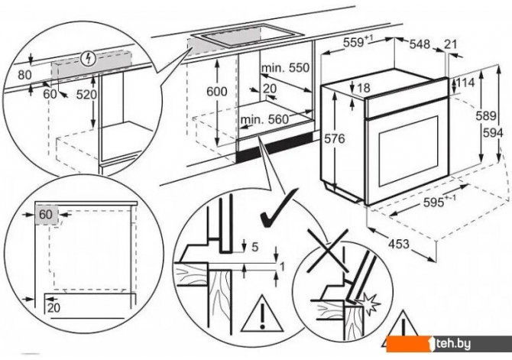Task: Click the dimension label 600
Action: point(218,91)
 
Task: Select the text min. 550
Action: point(285,68)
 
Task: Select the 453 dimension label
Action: point(390,245)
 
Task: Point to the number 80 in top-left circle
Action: point(25,75)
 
